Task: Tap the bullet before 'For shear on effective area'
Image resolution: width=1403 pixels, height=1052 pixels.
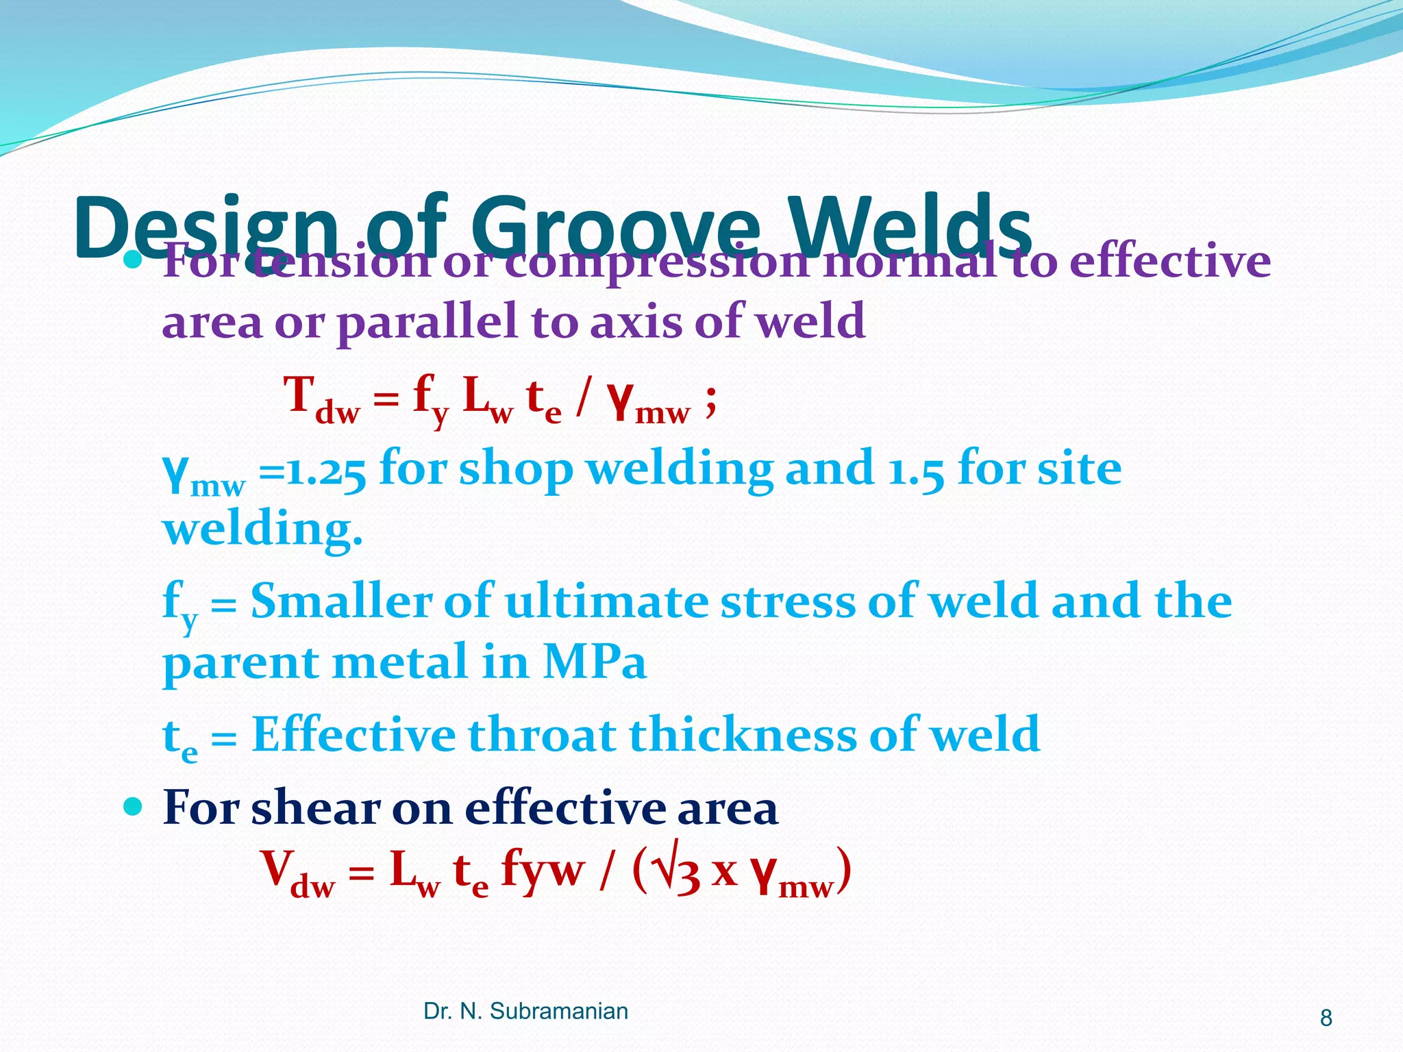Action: click(x=132, y=806)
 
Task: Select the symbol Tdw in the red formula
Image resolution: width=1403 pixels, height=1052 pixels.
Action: click(x=322, y=401)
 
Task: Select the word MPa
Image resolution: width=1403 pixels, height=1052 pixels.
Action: click(x=595, y=662)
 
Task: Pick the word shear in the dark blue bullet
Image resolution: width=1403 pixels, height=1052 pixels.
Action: click(x=315, y=807)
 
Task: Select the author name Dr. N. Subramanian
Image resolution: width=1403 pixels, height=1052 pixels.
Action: click(x=525, y=1011)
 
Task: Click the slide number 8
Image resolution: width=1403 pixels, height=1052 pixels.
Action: click(x=1326, y=1018)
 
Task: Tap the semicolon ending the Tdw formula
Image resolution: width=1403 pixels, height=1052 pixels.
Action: click(x=710, y=399)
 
